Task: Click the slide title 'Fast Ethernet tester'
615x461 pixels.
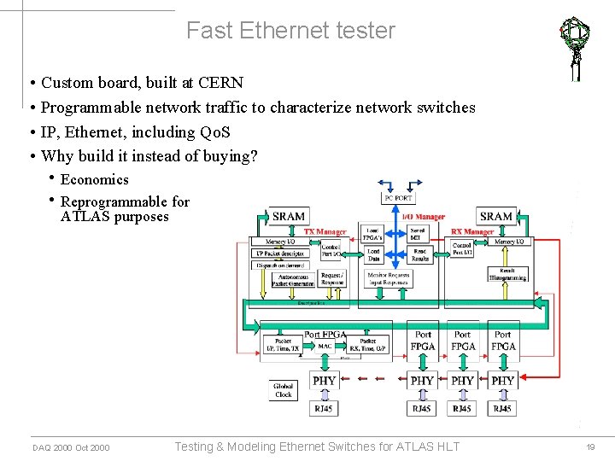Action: coord(290,32)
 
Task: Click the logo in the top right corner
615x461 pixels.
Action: coord(575,47)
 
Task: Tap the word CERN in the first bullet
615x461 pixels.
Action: coord(220,83)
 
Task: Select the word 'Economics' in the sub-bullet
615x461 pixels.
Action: coord(94,179)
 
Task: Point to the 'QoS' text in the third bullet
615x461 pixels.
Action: coord(214,132)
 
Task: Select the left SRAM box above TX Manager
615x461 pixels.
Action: coord(288,216)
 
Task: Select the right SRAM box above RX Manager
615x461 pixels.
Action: coord(496,216)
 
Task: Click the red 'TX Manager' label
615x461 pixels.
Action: coord(325,231)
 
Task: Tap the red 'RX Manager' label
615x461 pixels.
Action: coord(472,231)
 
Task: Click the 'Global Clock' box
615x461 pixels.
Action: coord(284,390)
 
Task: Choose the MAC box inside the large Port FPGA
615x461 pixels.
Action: coord(325,346)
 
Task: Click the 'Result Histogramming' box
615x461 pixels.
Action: coord(507,273)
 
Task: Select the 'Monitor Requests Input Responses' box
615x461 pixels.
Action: coord(389,278)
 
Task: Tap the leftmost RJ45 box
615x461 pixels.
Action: coord(324,409)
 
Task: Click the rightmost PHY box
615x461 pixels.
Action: coord(503,380)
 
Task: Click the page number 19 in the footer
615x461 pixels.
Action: coord(589,447)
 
